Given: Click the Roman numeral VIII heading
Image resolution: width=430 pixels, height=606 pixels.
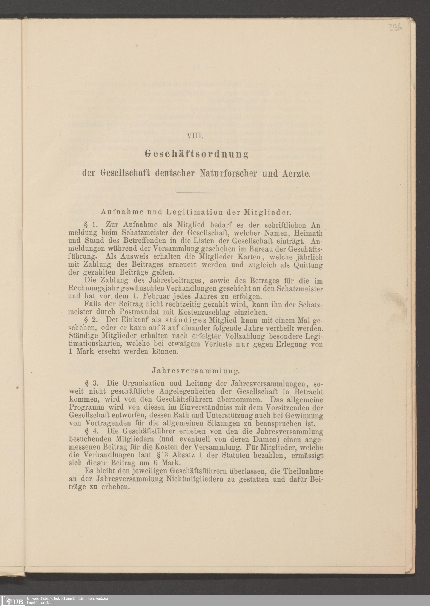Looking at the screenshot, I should click(x=195, y=136).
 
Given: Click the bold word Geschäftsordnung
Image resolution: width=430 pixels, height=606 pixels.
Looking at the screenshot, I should click(x=197, y=154).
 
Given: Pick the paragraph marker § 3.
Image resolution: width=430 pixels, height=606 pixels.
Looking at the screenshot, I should click(x=90, y=383).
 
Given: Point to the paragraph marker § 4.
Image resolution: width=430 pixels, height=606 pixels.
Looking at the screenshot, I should click(x=90, y=431).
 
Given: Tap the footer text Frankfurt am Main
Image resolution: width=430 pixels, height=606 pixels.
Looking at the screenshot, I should click(x=40, y=603).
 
